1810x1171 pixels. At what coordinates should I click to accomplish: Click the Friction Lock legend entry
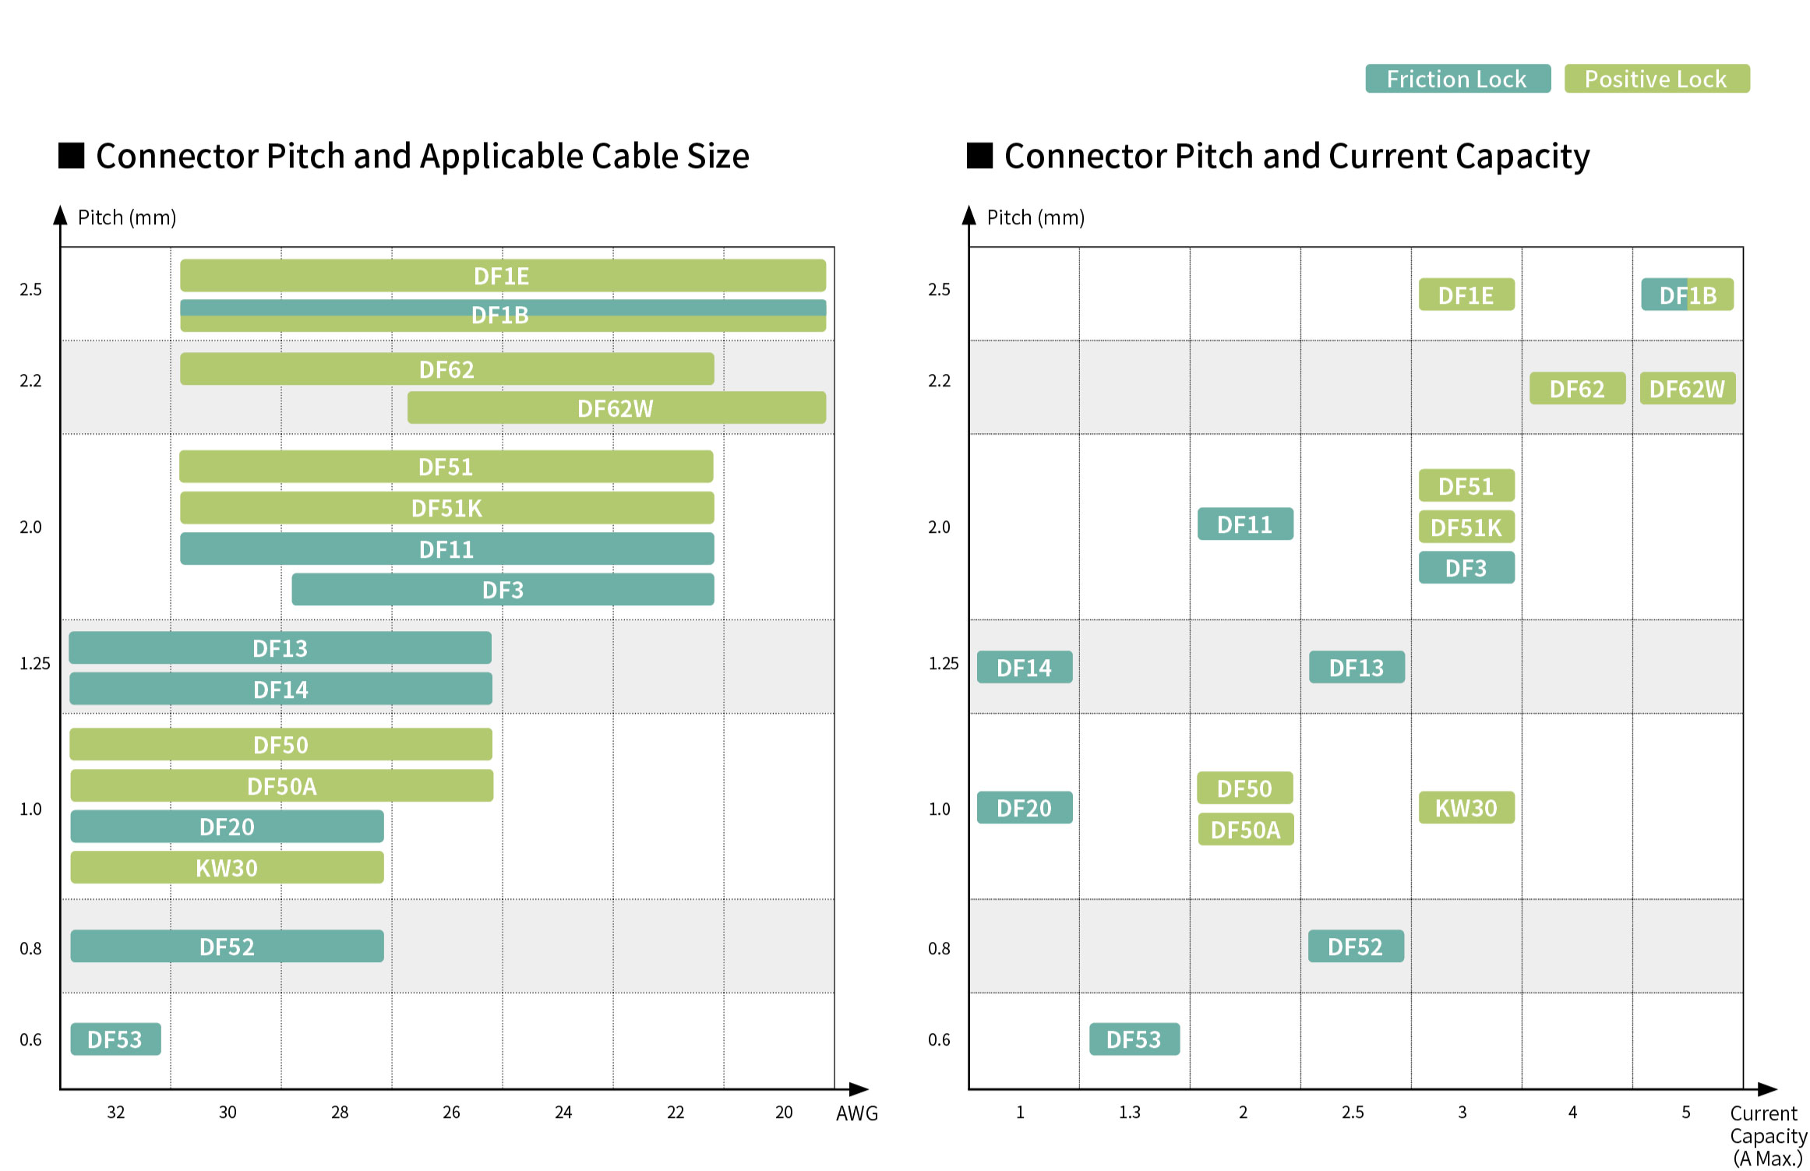[1457, 79]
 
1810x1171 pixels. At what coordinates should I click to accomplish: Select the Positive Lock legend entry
[1657, 79]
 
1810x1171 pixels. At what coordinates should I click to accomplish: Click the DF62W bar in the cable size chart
[616, 407]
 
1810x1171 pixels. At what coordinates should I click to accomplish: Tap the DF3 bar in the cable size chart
[503, 590]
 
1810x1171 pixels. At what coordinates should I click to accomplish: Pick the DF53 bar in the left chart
[115, 1039]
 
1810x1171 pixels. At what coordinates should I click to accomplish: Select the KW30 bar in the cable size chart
[227, 867]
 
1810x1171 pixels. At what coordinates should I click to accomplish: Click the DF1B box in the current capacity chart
[1687, 295]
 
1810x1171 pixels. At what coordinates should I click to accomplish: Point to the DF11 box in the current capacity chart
[1245, 524]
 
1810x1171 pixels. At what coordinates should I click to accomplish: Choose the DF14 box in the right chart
[1024, 668]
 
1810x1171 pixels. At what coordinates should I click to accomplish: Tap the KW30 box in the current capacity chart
[1466, 808]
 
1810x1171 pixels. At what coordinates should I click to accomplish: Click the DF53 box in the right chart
[1134, 1039]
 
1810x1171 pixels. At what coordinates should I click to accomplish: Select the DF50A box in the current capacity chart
[1245, 830]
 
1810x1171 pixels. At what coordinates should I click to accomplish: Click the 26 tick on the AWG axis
[451, 1113]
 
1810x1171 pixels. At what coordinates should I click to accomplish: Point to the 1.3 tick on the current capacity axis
[1129, 1113]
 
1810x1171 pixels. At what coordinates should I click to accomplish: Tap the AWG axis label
[856, 1113]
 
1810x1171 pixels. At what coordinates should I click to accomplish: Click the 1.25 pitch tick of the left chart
[34, 664]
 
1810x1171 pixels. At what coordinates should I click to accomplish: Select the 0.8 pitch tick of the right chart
[939, 949]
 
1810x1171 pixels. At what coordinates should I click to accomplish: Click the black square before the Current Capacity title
[979, 156]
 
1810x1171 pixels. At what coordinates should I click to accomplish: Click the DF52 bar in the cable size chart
[227, 947]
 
